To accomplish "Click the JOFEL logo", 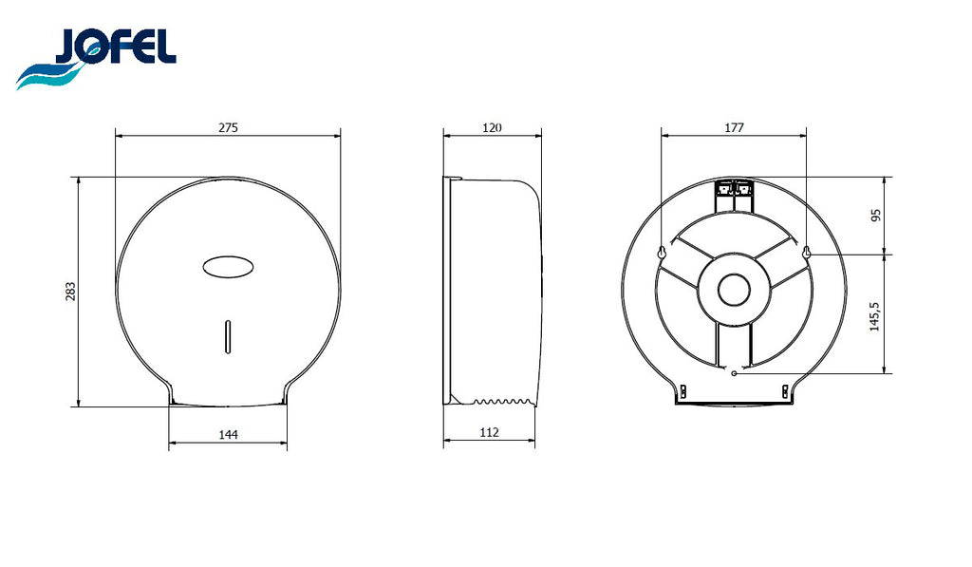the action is click(x=96, y=58).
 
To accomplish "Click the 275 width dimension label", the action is click(x=228, y=128).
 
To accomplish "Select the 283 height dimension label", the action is click(x=70, y=292).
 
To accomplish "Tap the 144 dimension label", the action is click(x=228, y=434).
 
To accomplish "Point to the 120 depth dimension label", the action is click(x=492, y=128).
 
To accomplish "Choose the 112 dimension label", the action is click(x=489, y=432).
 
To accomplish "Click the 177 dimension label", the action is click(x=734, y=128).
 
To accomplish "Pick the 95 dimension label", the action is click(x=875, y=216).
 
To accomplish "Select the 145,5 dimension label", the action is click(x=874, y=316).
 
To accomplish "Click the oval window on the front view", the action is click(x=228, y=267).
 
